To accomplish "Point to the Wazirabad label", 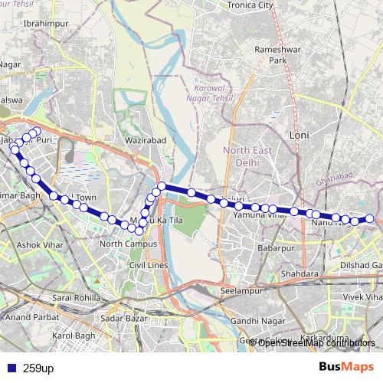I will [144, 142].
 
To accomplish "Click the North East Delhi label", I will [241, 156].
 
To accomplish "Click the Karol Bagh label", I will [73, 336].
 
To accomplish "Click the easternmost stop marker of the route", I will [370, 219].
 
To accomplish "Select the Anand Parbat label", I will [28, 316].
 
